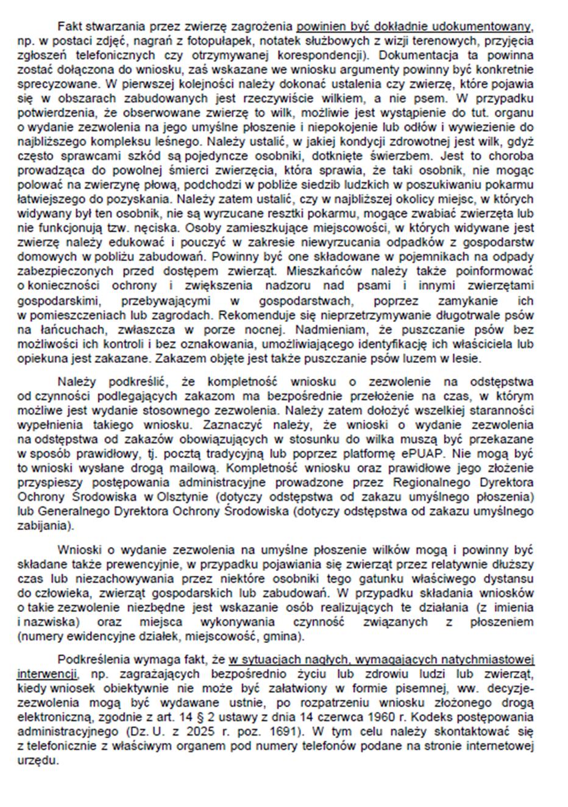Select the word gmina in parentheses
282,636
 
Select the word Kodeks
408,717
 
